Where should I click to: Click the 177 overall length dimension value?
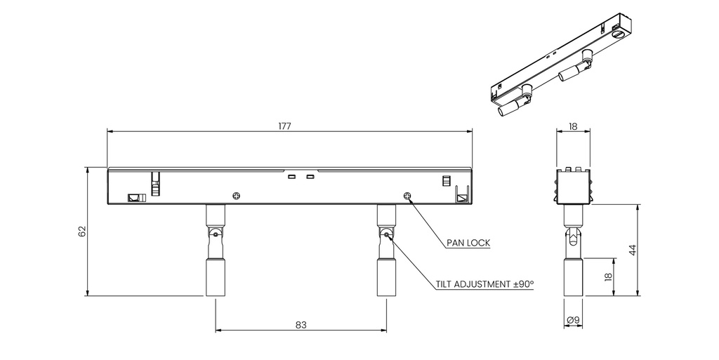point(284,126)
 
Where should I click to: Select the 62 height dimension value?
point(82,232)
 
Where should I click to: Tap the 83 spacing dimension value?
point(301,325)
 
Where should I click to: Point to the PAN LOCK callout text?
point(468,243)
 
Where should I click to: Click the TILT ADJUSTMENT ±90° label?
point(485,284)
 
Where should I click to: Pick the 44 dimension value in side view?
point(633,250)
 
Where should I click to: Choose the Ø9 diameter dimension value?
point(573,320)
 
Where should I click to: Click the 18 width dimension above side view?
point(573,126)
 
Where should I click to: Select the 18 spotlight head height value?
point(609,277)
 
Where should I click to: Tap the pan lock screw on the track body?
point(408,196)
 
